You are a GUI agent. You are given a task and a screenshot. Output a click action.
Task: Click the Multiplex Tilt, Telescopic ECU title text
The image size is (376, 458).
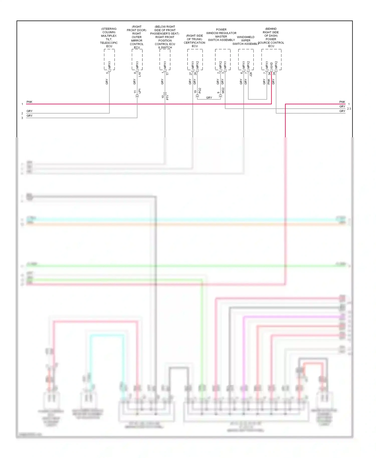pos(109,38)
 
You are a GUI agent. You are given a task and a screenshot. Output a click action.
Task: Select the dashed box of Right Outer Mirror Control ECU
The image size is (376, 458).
pos(137,59)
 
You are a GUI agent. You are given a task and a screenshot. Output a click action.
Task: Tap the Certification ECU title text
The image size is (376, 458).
pos(195,41)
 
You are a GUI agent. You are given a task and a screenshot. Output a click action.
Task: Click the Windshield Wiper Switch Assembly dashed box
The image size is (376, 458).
pos(246,59)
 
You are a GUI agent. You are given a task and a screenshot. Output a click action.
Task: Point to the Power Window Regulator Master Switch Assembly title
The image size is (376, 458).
pos(221,35)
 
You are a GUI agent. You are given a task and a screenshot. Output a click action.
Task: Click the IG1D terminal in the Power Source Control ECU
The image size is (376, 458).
pos(271,65)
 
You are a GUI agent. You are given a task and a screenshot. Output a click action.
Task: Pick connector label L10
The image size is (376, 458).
pos(140,74)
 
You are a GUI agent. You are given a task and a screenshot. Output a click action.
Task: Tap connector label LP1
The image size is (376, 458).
pos(140,91)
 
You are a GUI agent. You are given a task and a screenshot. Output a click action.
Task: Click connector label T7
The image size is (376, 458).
pos(167,73)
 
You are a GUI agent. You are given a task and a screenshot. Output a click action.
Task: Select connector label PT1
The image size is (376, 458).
pos(167,97)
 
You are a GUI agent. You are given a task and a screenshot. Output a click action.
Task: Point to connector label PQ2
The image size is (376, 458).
pos(200,90)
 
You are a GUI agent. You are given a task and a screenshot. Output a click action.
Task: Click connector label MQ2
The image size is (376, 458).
pos(223,90)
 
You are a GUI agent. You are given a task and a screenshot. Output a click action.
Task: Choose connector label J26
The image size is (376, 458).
pos(251,74)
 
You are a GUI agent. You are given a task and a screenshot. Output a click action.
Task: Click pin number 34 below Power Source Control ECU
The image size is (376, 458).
pos(269,73)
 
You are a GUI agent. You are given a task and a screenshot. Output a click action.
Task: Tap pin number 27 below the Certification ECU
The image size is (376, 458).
pos(191,73)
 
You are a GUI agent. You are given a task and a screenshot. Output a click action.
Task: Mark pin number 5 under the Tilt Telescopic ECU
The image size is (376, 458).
pos(107,73)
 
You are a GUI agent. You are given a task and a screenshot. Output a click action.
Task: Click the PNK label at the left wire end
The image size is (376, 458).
pos(29,102)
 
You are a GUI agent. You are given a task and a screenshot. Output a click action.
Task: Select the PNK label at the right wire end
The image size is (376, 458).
pos(342,102)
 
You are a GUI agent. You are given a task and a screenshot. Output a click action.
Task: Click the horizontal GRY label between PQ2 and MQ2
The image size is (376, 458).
pos(209,98)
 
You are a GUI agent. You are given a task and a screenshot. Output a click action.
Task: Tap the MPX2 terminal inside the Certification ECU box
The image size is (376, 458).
pos(198,65)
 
